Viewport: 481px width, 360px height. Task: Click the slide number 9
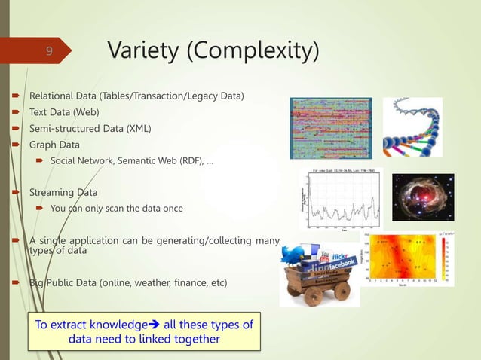(x=48, y=51)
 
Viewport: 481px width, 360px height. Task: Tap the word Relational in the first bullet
(x=52, y=96)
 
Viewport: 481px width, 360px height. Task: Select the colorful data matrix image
(x=331, y=127)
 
